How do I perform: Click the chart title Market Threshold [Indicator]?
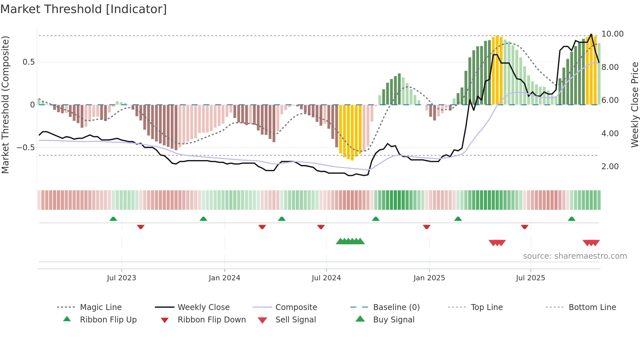tap(84, 9)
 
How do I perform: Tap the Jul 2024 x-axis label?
tap(326, 278)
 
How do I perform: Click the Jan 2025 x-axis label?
tap(429, 278)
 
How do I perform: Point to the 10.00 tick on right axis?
tap(612, 34)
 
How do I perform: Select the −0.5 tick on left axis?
tap(26, 148)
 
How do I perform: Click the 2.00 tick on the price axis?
tap(610, 167)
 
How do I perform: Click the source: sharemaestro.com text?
tap(575, 256)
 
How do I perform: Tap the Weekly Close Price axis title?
tap(634, 105)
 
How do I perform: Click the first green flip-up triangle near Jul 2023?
tap(113, 219)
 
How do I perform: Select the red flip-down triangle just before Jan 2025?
tap(426, 227)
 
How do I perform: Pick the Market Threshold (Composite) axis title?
tap(5, 105)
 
